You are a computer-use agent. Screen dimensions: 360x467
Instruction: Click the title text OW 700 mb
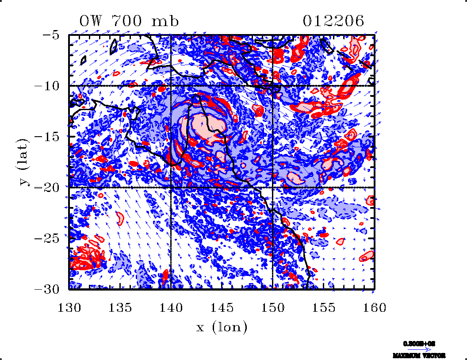pos(129,21)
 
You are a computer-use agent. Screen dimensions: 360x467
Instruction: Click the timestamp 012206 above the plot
pos(333,21)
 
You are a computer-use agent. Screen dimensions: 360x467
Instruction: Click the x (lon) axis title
pos(222,328)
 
